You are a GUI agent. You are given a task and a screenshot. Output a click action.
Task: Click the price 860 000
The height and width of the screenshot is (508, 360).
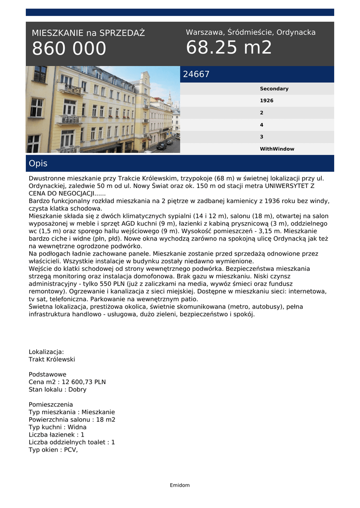[x=69, y=49]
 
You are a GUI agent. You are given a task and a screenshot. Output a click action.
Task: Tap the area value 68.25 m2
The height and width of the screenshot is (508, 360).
[x=229, y=48]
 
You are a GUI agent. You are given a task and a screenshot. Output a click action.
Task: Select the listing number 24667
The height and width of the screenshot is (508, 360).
[x=196, y=74]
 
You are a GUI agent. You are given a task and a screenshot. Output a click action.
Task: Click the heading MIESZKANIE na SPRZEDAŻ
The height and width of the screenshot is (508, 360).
[x=88, y=33]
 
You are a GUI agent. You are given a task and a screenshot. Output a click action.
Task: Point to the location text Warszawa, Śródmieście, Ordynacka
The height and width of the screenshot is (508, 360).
[x=251, y=32]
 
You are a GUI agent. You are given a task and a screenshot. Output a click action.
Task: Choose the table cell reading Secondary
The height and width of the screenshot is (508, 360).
[x=274, y=89]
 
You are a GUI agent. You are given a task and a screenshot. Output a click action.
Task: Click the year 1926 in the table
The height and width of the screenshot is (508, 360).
[x=266, y=101]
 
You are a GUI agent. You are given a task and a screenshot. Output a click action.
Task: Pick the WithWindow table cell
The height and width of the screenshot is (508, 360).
[x=277, y=149]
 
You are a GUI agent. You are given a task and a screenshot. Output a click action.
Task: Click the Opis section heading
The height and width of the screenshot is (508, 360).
[x=38, y=163]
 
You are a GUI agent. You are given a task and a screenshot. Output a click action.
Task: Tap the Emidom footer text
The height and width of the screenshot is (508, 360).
[x=180, y=485]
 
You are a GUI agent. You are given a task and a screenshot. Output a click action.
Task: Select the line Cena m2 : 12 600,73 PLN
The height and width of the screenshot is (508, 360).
[x=67, y=382]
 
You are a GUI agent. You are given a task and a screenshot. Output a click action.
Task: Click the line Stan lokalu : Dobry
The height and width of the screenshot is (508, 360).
[x=57, y=389]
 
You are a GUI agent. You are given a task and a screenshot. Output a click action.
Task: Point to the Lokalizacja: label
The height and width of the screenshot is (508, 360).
[x=46, y=352]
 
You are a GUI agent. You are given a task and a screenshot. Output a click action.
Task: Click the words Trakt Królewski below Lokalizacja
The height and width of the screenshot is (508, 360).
[x=52, y=359]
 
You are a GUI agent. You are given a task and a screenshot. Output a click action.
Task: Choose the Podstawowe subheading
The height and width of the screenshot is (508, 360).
[x=47, y=375]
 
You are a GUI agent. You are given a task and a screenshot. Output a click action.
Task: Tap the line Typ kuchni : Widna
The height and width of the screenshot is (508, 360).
[x=57, y=427]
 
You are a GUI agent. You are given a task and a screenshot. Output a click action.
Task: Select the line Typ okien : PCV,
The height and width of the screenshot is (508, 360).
[x=53, y=450]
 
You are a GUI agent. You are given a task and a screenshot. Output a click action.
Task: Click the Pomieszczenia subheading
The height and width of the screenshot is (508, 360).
[x=51, y=404]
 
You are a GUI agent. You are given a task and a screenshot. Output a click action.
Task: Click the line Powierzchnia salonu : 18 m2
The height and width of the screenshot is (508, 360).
[x=72, y=420]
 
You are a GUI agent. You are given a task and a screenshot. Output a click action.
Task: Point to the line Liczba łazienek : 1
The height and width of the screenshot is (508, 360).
[x=56, y=435]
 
